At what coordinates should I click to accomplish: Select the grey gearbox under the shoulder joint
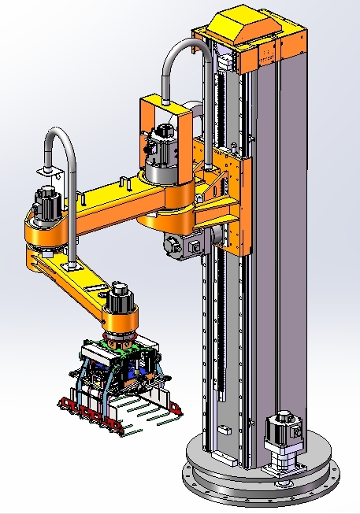point(180,245)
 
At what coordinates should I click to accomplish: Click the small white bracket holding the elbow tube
point(49,172)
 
